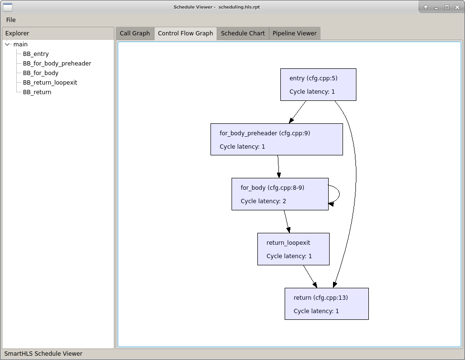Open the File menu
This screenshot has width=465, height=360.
point(11,20)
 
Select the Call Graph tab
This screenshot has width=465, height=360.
point(134,33)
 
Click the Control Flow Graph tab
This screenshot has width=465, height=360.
point(185,33)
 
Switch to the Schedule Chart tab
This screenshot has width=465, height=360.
point(243,33)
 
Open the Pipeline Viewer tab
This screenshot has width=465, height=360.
point(294,33)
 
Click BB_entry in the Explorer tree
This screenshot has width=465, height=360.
point(35,54)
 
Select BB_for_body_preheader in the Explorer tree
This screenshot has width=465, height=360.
point(56,64)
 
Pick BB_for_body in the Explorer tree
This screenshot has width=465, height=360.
point(40,73)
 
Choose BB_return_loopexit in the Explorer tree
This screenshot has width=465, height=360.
point(50,83)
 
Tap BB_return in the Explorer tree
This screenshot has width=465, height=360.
point(37,92)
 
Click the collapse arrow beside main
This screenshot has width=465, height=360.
point(8,44)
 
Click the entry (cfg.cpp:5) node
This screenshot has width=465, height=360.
point(318,85)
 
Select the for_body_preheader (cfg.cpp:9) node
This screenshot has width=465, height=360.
point(276,140)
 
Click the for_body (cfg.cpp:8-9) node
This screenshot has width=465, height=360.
point(279,194)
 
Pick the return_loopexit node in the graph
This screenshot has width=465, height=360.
point(293,249)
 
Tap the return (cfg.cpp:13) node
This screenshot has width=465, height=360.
point(326,304)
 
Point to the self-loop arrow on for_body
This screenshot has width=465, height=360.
point(339,194)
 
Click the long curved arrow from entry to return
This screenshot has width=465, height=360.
point(355,182)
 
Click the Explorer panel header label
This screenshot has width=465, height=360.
point(17,33)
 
